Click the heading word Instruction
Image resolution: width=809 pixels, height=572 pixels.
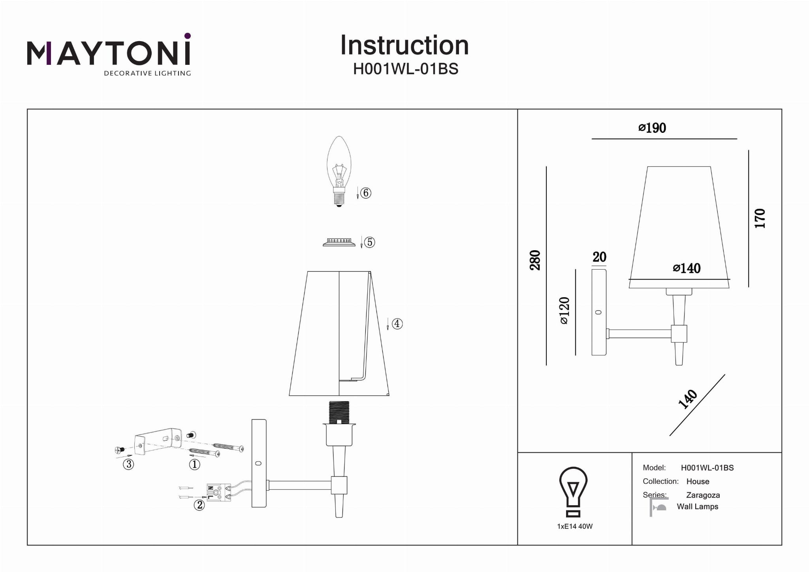point(404,45)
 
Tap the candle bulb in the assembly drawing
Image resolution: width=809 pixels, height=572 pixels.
point(339,170)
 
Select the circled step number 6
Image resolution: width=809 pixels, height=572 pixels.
point(366,193)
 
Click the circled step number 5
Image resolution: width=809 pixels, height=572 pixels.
point(369,242)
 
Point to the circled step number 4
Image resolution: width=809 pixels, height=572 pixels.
point(397,324)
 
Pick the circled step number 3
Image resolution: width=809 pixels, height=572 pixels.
point(128,464)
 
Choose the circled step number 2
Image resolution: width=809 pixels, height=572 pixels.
point(199,505)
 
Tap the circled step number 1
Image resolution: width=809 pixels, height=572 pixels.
point(194,464)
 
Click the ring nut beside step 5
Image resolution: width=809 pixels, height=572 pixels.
point(339,242)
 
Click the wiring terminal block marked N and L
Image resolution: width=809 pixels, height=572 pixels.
point(218,493)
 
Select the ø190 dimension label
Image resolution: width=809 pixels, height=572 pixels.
point(652,128)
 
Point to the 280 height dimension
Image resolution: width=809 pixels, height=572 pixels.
point(535,260)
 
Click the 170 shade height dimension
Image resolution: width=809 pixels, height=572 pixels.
point(760,218)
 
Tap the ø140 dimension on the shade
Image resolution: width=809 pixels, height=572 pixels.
point(687,268)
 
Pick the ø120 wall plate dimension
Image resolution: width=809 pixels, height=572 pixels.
point(564,310)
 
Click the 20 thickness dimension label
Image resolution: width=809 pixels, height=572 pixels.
point(599,257)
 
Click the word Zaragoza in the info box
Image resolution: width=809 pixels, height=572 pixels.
point(703,495)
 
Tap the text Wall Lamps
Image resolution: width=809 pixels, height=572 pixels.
point(697,506)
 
